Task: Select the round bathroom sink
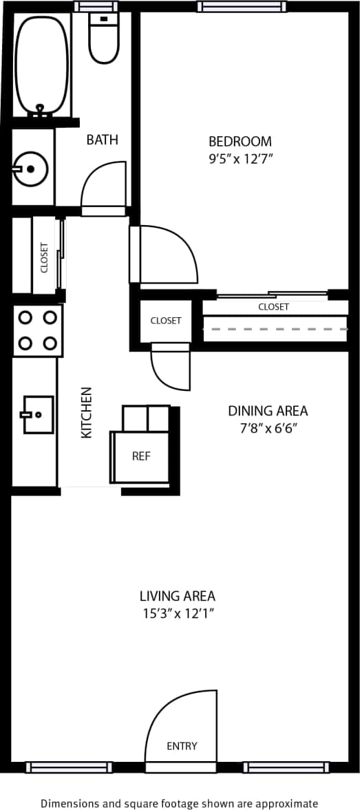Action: [x=30, y=167]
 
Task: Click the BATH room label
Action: [x=102, y=140]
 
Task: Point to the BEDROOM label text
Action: [x=240, y=141]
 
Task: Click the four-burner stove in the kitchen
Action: [x=38, y=330]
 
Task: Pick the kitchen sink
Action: [x=38, y=414]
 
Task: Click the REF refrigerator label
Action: [x=141, y=456]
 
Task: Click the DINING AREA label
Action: [x=268, y=411]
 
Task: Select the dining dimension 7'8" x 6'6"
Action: [x=268, y=428]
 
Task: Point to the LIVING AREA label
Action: [x=178, y=596]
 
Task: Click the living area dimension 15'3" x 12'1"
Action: [x=178, y=613]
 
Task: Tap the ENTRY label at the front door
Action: [x=182, y=746]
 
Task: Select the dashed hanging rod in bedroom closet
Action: [x=275, y=330]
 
